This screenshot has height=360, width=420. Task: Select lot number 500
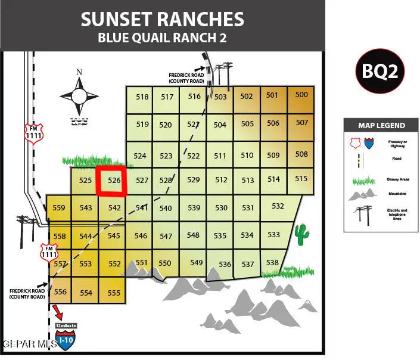[x=301, y=95]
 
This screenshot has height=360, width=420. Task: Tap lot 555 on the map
[x=114, y=293]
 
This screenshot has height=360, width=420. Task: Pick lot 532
[x=278, y=206]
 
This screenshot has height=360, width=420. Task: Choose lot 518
[x=142, y=97]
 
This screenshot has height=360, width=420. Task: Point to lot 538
[x=272, y=262]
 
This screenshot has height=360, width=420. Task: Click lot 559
[x=59, y=208]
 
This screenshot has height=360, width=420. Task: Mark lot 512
[x=221, y=180]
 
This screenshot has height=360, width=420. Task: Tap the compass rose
[x=79, y=95]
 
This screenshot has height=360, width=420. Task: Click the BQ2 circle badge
[x=381, y=71]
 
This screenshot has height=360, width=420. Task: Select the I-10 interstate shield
[x=65, y=340]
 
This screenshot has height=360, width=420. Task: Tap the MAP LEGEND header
[x=381, y=126]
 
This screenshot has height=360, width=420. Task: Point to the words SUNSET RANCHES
[x=163, y=18]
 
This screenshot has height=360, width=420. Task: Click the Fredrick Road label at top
[x=186, y=77]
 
